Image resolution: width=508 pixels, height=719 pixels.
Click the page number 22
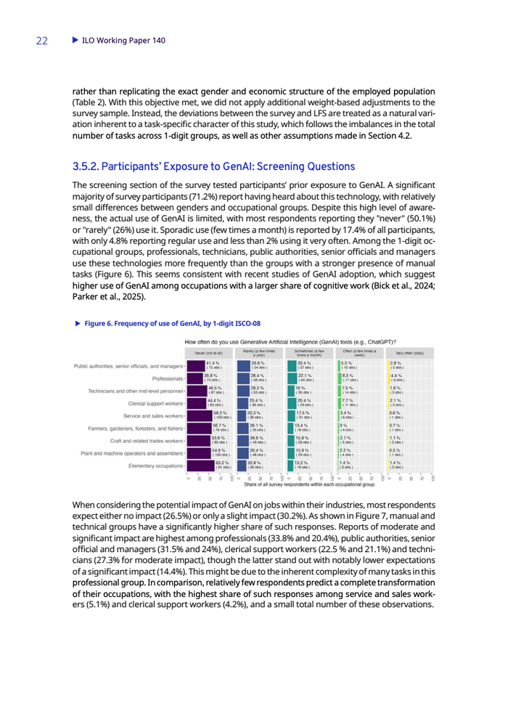[42, 41]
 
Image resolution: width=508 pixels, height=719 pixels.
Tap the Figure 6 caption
[173, 323]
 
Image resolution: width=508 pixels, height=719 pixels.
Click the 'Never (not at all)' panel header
[209, 352]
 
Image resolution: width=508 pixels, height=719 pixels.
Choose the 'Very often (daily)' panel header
[410, 352]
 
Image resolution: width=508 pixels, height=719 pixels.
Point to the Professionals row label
[168, 378]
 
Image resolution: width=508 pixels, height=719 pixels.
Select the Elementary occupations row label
[155, 466]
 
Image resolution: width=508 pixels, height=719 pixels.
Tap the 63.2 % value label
[223, 463]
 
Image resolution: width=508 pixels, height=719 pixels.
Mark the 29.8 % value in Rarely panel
[258, 363]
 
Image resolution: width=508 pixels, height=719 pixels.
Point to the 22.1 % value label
[305, 375]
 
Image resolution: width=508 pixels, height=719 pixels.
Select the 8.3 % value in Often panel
[348, 375]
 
